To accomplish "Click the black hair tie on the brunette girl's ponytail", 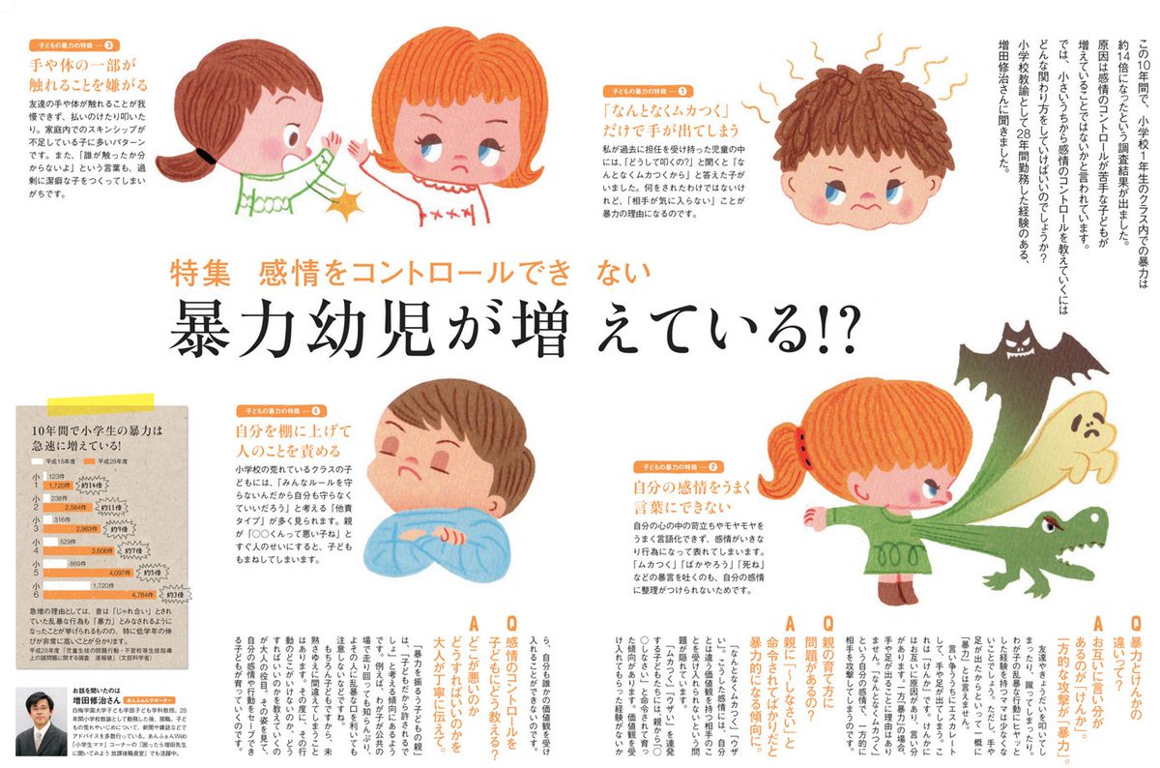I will tap(204, 152).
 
